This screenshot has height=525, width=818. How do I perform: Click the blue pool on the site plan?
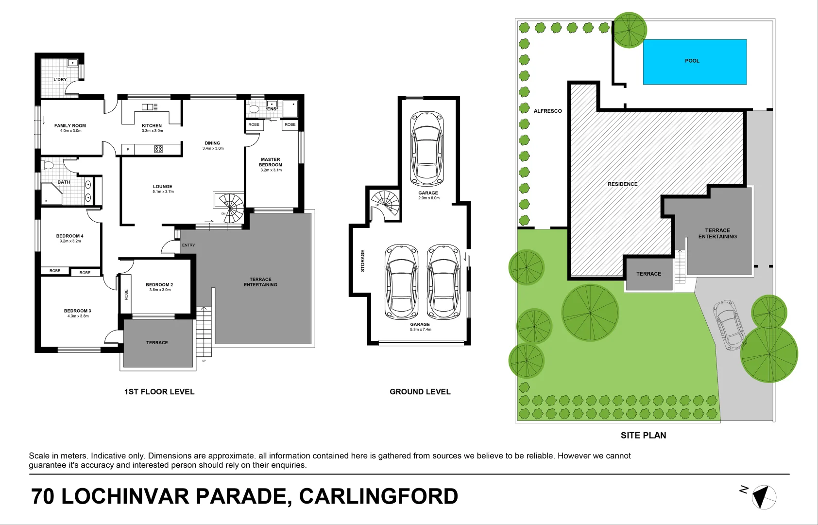tap(695, 62)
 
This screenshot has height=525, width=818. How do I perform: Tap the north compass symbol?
tap(764, 497)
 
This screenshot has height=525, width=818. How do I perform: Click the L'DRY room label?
tap(60, 79)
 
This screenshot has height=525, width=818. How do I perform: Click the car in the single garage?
tap(426, 148)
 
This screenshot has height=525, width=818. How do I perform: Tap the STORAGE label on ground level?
tap(362, 261)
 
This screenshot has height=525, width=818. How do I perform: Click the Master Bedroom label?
tap(271, 162)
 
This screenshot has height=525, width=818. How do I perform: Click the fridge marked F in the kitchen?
tap(128, 149)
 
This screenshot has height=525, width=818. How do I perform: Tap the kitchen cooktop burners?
tap(158, 149)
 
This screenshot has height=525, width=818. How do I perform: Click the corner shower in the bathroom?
tap(50, 193)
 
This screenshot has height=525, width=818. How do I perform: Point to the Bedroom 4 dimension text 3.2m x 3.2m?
tap(70, 241)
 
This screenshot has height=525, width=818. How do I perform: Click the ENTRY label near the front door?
tap(188, 245)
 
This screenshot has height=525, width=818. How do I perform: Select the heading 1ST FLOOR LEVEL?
tap(159, 391)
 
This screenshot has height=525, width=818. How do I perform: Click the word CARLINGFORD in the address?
tap(378, 496)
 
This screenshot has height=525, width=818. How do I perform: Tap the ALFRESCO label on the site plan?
tap(547, 111)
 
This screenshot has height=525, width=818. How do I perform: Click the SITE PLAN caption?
tap(643, 435)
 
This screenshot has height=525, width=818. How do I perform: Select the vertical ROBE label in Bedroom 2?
tap(126, 295)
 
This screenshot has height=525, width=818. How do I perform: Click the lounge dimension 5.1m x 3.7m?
tap(163, 192)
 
